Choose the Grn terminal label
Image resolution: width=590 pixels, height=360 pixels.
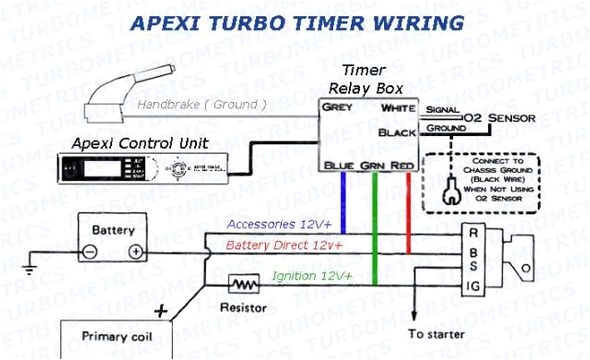(372, 164)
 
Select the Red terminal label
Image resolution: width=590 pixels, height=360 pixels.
(401, 164)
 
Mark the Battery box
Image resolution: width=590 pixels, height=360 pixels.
(113, 240)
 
